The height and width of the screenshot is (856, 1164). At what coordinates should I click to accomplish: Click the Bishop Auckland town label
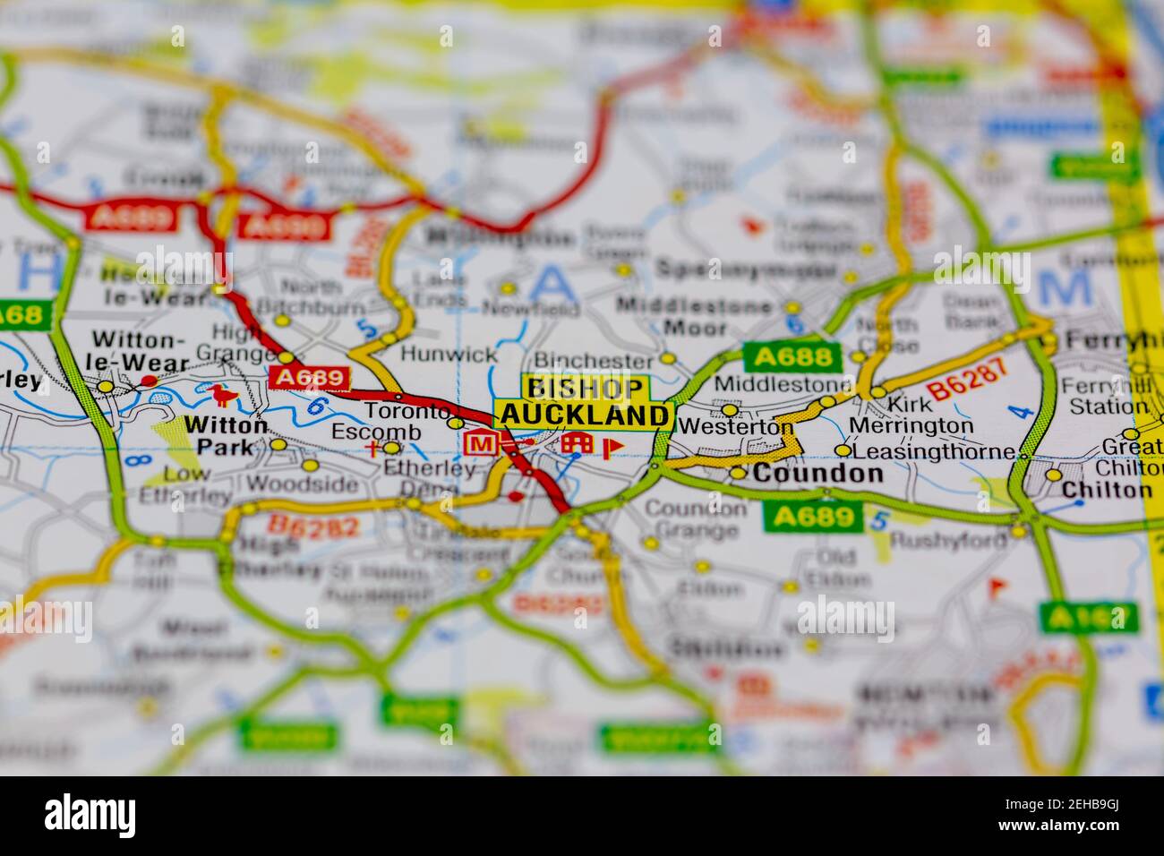(585, 402)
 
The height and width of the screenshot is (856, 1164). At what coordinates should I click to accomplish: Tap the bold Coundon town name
(817, 474)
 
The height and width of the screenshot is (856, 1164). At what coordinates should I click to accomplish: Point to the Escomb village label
(364, 432)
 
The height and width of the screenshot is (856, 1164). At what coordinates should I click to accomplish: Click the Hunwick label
(436, 353)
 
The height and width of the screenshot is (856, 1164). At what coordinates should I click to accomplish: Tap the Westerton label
(735, 427)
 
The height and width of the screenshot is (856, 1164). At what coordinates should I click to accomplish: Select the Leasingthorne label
(935, 452)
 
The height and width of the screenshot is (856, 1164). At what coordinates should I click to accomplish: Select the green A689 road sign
(813, 517)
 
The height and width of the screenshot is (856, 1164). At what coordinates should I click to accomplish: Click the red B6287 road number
(967, 381)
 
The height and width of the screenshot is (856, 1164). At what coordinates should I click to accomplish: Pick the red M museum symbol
(481, 443)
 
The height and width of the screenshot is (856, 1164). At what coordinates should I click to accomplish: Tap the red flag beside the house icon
(614, 445)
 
